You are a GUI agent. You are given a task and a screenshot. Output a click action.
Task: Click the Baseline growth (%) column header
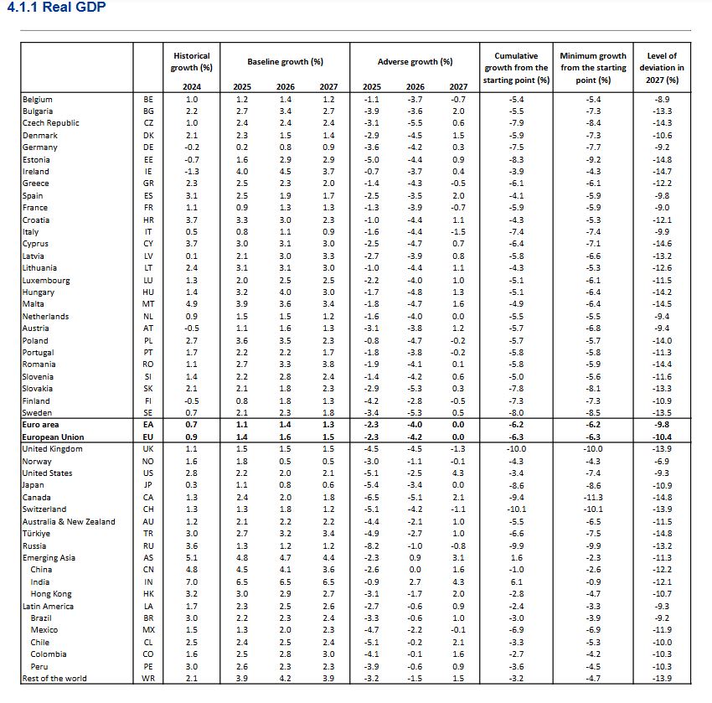point(285,62)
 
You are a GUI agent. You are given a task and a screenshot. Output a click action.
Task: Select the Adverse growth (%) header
point(415,62)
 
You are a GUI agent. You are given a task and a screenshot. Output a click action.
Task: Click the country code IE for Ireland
point(148,171)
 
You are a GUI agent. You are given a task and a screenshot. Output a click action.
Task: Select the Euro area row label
point(41,425)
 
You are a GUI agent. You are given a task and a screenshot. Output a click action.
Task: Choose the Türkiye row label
point(36,533)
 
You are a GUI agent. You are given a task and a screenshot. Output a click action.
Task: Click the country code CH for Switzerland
point(148,509)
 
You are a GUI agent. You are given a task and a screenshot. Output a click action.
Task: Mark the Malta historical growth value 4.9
point(192,304)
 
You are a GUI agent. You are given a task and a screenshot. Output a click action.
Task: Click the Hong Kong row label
point(51,593)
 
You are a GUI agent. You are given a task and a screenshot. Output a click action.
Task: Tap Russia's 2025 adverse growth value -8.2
point(371,545)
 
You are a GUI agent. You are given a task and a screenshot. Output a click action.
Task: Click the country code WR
point(148,678)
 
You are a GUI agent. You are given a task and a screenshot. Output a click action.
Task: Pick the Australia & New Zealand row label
point(70,521)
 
